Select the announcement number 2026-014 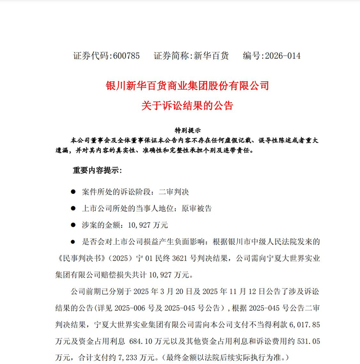pyautogui.click(x=281, y=56)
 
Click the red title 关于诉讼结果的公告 pyautogui.click(x=187, y=106)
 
